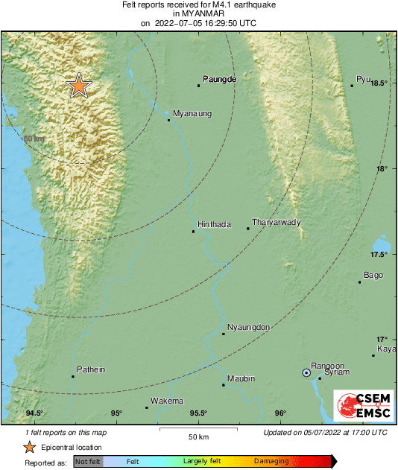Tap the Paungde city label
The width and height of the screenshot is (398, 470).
pos(220,79)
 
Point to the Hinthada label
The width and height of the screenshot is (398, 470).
pos(214,224)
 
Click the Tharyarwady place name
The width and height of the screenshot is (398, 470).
pos(277,222)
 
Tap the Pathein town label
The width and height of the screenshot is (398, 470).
pos(91,369)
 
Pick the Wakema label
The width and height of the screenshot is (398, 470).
pos(167,401)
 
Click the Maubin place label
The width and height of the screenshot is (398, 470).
pos(241,378)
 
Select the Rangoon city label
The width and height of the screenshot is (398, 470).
pos(327,366)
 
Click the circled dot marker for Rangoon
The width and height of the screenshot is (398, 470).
pos(306,372)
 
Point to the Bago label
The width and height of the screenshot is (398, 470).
pos(373,276)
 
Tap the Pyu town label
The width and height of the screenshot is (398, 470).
pos(363,79)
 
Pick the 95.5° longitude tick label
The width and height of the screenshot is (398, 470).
pos(198,413)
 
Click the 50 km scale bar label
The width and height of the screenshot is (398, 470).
pos(198,436)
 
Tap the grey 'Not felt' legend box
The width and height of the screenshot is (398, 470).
pos(88,462)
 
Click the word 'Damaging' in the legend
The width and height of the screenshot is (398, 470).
pos(271,462)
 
